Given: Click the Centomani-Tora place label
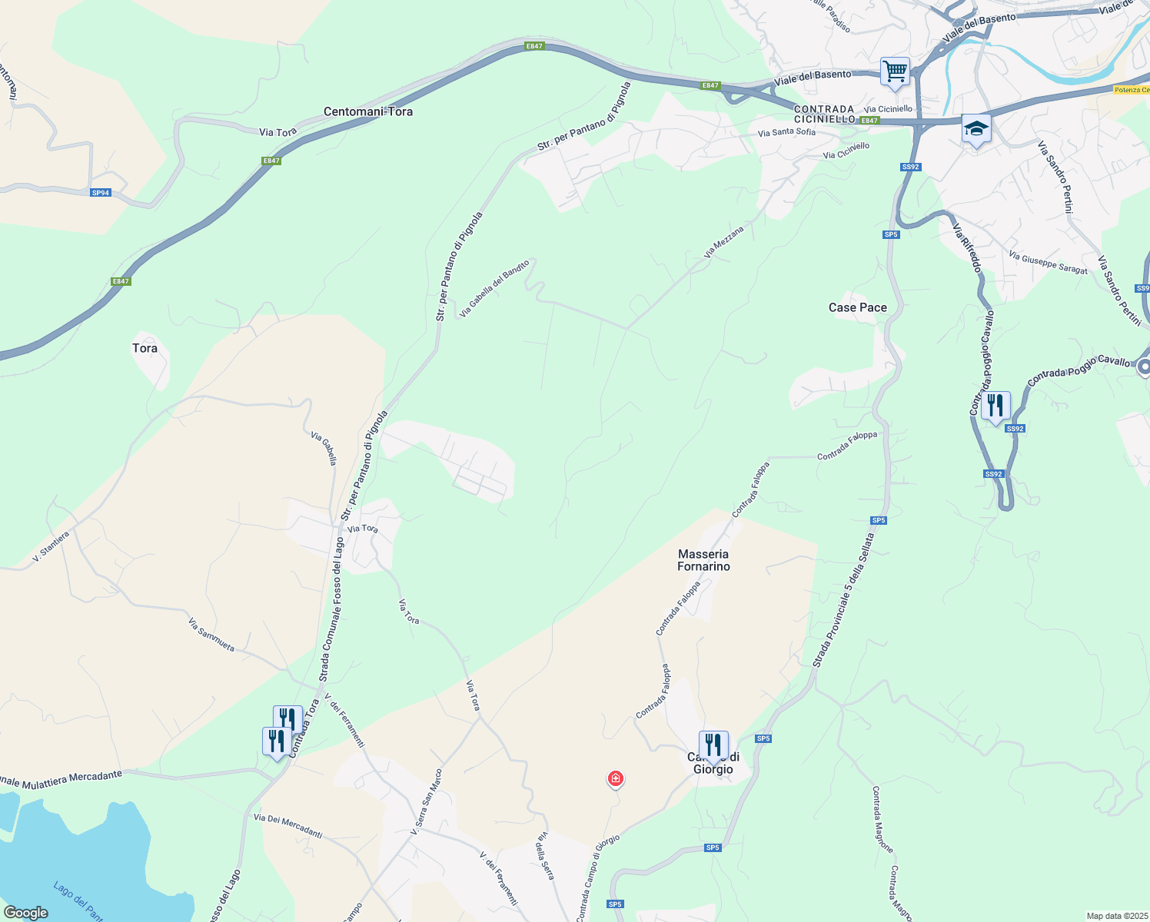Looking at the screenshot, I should (x=367, y=111).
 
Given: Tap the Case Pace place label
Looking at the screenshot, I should (x=857, y=307).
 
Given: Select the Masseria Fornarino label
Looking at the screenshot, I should (x=703, y=560).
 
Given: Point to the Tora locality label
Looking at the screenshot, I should (x=145, y=348).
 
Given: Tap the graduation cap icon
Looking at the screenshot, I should (x=976, y=128).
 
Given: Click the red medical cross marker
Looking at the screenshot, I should (x=615, y=779).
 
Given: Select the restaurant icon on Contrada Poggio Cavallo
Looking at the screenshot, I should (x=995, y=405).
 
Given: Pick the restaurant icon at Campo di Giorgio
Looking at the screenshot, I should (x=713, y=745).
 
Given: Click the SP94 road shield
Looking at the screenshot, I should (x=101, y=193).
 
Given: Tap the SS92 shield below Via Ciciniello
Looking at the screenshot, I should (x=910, y=167).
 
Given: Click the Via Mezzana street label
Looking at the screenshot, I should (x=724, y=242).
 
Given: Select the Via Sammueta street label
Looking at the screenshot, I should (x=211, y=635).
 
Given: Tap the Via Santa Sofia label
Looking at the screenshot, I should (x=786, y=132).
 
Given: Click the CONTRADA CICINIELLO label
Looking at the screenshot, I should (x=824, y=114).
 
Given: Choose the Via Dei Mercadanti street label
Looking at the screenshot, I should (x=287, y=827).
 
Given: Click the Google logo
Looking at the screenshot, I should (x=25, y=913).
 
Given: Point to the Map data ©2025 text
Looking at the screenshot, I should (x=1115, y=916).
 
